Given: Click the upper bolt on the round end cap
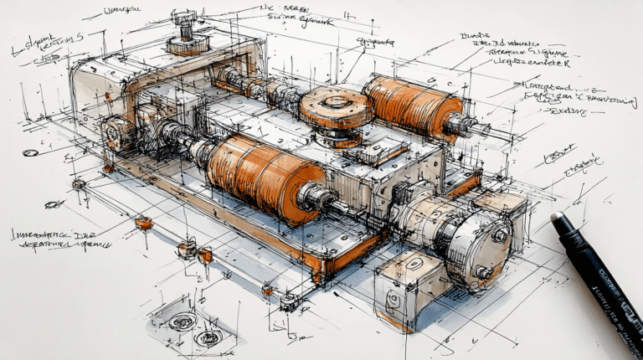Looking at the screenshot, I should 499,236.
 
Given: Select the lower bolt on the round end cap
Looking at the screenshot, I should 483,272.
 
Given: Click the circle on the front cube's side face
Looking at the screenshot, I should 394,300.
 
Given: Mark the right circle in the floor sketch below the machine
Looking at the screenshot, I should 208,337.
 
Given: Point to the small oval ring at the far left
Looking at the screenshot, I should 30,153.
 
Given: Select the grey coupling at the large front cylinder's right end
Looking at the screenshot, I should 316,198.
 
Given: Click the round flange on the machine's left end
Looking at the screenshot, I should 116,131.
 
